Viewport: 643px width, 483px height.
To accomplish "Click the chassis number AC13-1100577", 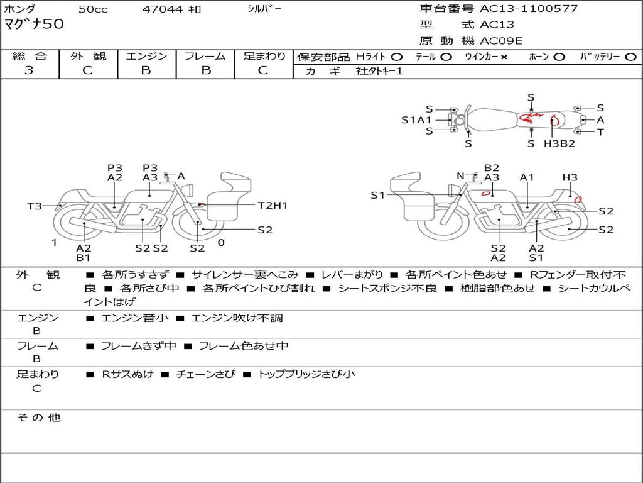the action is click(529, 9).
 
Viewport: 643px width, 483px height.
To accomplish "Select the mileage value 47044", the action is click(163, 9).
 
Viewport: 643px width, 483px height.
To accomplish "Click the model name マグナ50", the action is click(35, 25).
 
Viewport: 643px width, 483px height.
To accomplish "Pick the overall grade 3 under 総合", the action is click(29, 70).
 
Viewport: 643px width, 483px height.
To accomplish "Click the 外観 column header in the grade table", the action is click(88, 56).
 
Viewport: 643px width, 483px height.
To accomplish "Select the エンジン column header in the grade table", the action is click(146, 56).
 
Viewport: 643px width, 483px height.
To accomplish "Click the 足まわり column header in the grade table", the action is click(264, 56).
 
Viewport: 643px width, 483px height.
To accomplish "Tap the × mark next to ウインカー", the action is click(504, 57).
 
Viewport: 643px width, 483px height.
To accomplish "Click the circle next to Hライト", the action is click(396, 57).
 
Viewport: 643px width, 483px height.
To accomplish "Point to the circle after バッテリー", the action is click(631, 57).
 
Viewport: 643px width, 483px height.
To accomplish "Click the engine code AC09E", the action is click(501, 41).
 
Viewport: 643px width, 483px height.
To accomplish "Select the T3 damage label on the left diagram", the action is click(35, 206).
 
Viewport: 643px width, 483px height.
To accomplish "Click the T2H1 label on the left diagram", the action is click(273, 205).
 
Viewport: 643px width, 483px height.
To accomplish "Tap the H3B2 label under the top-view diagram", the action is click(559, 143).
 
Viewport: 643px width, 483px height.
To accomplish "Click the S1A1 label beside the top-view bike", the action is click(416, 119).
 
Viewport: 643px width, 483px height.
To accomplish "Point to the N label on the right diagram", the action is click(460, 176).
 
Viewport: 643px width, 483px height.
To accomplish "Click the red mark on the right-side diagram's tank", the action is click(485, 193).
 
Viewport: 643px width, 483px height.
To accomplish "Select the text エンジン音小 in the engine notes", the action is click(135, 318).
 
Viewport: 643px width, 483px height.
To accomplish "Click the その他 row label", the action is click(39, 418).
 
